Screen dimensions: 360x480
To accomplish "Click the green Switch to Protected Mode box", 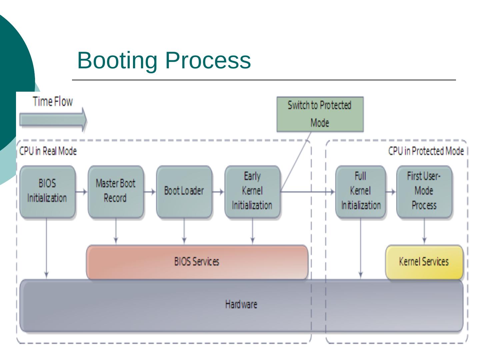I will click(320, 114).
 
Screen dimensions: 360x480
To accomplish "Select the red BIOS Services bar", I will click(197, 262).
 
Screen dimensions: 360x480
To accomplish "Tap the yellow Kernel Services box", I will click(424, 262).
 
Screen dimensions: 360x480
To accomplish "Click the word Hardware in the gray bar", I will click(241, 304).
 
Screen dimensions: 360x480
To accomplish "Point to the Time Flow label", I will click(53, 101).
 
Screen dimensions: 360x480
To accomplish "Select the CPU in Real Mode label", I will click(48, 151).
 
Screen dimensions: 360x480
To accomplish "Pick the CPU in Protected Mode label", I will click(426, 151).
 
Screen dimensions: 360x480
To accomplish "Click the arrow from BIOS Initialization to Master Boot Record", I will click(82, 192).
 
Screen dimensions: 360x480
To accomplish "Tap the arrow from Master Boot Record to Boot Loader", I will click(150, 192).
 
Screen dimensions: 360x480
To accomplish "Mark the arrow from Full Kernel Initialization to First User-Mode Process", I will click(391, 192).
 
